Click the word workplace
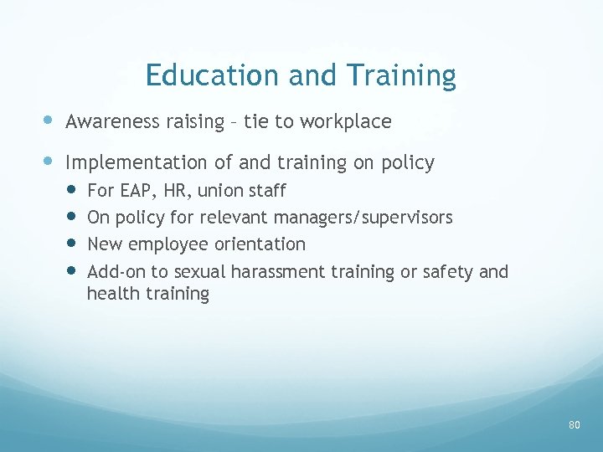(345, 122)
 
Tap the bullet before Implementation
(50, 162)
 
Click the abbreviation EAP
(134, 191)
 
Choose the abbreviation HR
(176, 191)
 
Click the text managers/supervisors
(372, 218)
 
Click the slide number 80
(574, 425)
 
